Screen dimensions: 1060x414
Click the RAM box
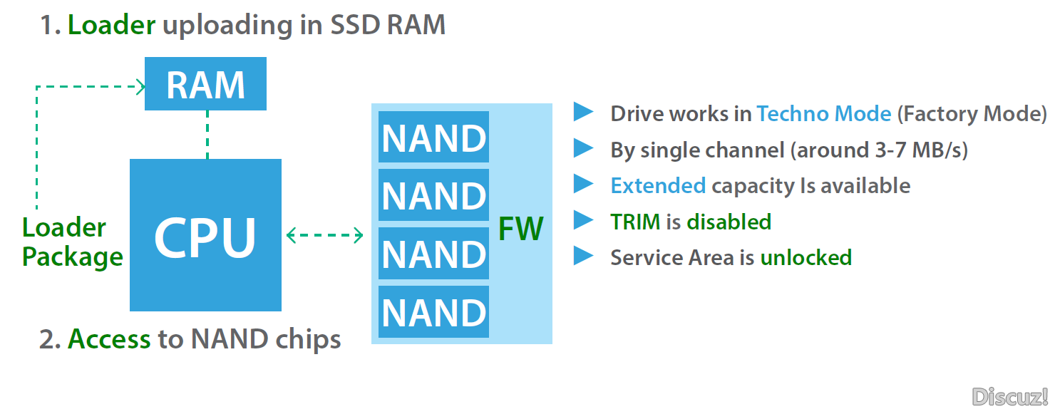pos(205,84)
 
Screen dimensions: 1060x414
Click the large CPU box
pos(205,234)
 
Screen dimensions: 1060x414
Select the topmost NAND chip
pos(433,137)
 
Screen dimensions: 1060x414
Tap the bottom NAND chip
pos(433,311)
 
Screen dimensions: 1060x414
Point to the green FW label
pos(520,229)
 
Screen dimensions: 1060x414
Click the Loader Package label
pos(73,243)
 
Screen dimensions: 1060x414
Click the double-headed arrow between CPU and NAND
pos(324,234)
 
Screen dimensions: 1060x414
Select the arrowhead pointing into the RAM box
pos(140,87)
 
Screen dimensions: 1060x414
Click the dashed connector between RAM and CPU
pos(207,135)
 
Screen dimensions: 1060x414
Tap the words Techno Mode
pos(824,113)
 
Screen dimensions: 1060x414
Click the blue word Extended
pos(658,185)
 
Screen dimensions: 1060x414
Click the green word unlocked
pos(806,257)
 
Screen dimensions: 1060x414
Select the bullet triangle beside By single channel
pos(583,148)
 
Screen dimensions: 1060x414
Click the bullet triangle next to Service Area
pos(583,256)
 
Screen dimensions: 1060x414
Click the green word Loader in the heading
pos(112,25)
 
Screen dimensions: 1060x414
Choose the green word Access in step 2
pos(109,338)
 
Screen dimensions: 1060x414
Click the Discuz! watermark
pos(1010,396)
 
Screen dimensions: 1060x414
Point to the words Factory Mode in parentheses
pos(972,113)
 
